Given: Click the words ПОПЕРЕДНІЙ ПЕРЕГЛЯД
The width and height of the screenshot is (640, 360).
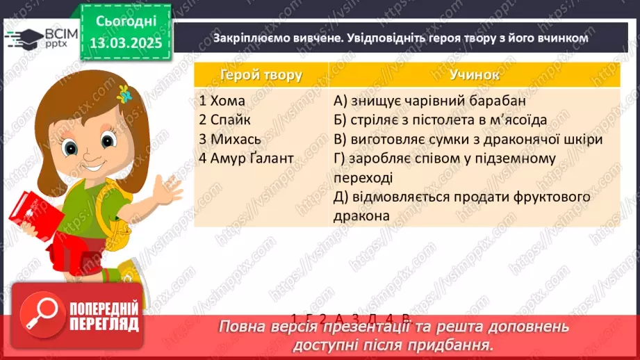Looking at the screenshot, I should click(104, 317).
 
